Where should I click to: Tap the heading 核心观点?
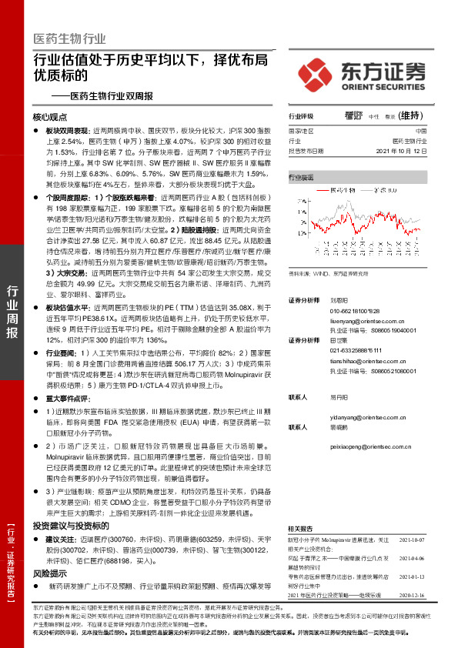(x=51, y=119)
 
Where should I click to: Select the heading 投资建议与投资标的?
(x=67, y=525)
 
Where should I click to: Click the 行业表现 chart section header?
(x=301, y=177)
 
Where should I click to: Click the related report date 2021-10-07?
(x=412, y=540)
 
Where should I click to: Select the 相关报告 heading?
(x=299, y=529)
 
